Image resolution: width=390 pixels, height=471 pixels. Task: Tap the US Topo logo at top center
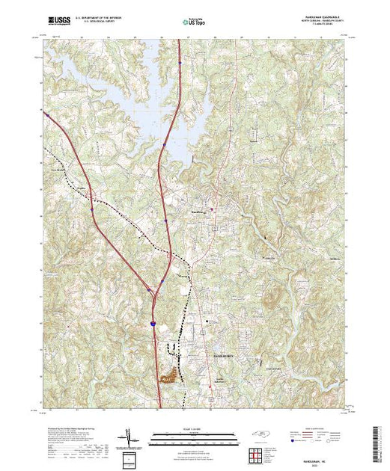[x=194, y=23]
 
